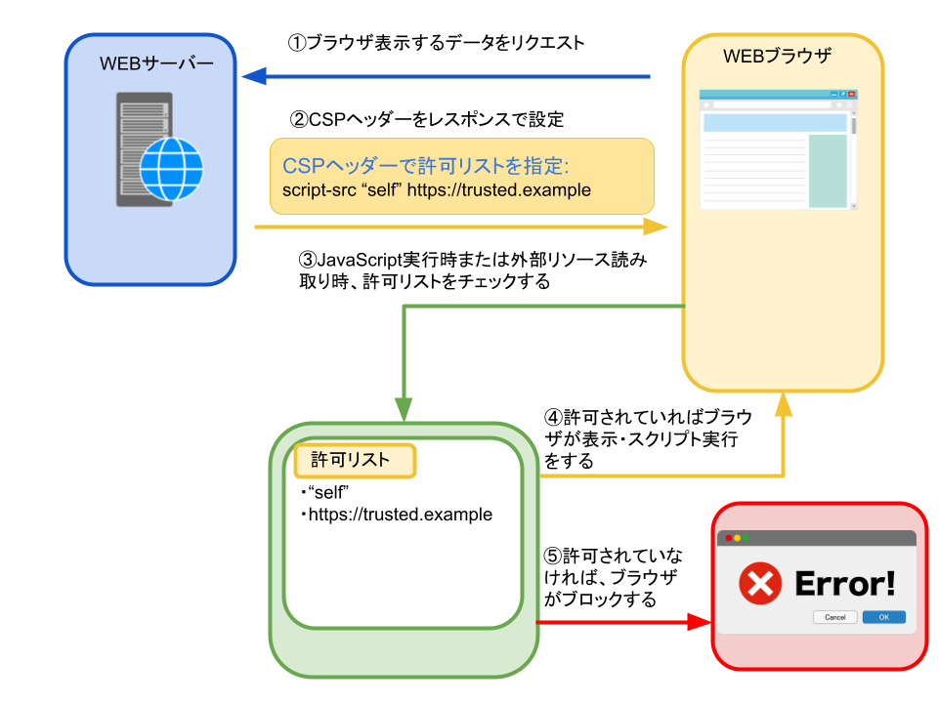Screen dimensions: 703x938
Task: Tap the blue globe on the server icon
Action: [x=171, y=168]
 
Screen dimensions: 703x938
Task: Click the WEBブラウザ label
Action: [x=777, y=57]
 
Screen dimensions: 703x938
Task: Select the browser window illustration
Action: [x=778, y=149]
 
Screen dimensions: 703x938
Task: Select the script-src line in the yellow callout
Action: [x=437, y=190]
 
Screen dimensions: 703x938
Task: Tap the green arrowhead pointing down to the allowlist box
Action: [x=404, y=410]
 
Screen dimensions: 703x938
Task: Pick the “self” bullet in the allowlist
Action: [x=329, y=491]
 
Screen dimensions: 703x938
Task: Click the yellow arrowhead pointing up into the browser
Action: [x=783, y=404]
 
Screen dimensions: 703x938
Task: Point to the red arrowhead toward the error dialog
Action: [x=700, y=622]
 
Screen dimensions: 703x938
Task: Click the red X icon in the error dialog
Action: [x=760, y=584]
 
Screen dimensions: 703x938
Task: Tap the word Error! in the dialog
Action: [x=845, y=584]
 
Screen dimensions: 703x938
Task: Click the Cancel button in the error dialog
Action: [x=834, y=617]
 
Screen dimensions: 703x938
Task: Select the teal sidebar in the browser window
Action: [x=828, y=171]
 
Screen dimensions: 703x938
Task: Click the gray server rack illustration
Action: [x=140, y=148]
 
